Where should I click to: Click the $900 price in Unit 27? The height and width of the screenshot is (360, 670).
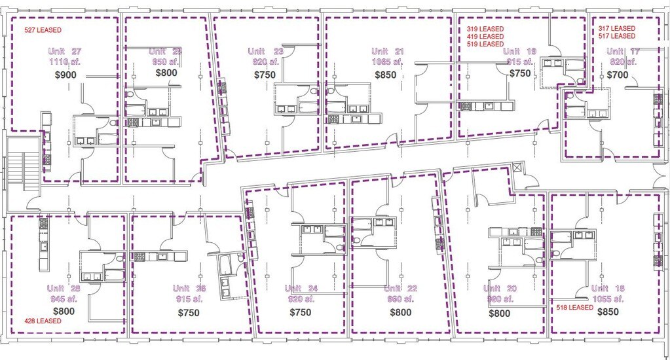(x=65, y=75)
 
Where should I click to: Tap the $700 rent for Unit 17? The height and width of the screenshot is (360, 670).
(x=618, y=75)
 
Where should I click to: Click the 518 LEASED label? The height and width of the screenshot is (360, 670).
(x=574, y=307)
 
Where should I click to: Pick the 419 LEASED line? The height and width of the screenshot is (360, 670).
(x=485, y=37)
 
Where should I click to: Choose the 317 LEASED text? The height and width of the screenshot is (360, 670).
(x=617, y=29)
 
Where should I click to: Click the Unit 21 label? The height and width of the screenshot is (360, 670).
(x=388, y=51)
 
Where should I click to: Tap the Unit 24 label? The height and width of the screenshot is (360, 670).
(x=302, y=289)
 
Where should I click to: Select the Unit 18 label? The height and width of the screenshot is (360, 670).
(x=608, y=289)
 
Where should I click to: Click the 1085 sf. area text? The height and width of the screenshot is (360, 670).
(x=388, y=62)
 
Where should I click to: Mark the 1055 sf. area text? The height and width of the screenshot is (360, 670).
(x=608, y=299)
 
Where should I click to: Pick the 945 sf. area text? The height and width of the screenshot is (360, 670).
(x=64, y=299)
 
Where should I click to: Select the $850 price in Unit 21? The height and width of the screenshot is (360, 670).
(x=385, y=75)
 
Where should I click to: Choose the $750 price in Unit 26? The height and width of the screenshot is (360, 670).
(x=189, y=313)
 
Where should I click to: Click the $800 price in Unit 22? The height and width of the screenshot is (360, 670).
(x=400, y=313)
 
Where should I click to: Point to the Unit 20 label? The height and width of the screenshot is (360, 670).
(x=500, y=289)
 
